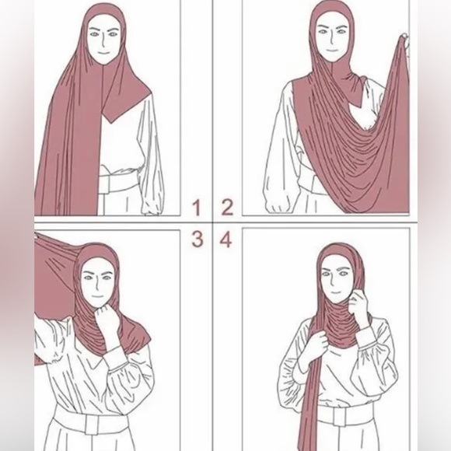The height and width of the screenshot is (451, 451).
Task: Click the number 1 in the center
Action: [x=198, y=208]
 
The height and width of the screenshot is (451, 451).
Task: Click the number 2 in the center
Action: [x=226, y=208]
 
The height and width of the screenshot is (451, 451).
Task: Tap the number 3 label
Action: [x=198, y=239]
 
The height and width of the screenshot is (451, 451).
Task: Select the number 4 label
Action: [x=226, y=239]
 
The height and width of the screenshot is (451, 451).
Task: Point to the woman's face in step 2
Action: [x=332, y=34]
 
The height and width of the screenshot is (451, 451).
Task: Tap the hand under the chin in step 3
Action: [x=107, y=318]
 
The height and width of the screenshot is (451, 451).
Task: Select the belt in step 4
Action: [x=342, y=415]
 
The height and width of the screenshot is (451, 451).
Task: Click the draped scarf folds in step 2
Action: [x=350, y=148]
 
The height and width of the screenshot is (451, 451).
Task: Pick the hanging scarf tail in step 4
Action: [x=307, y=404]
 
